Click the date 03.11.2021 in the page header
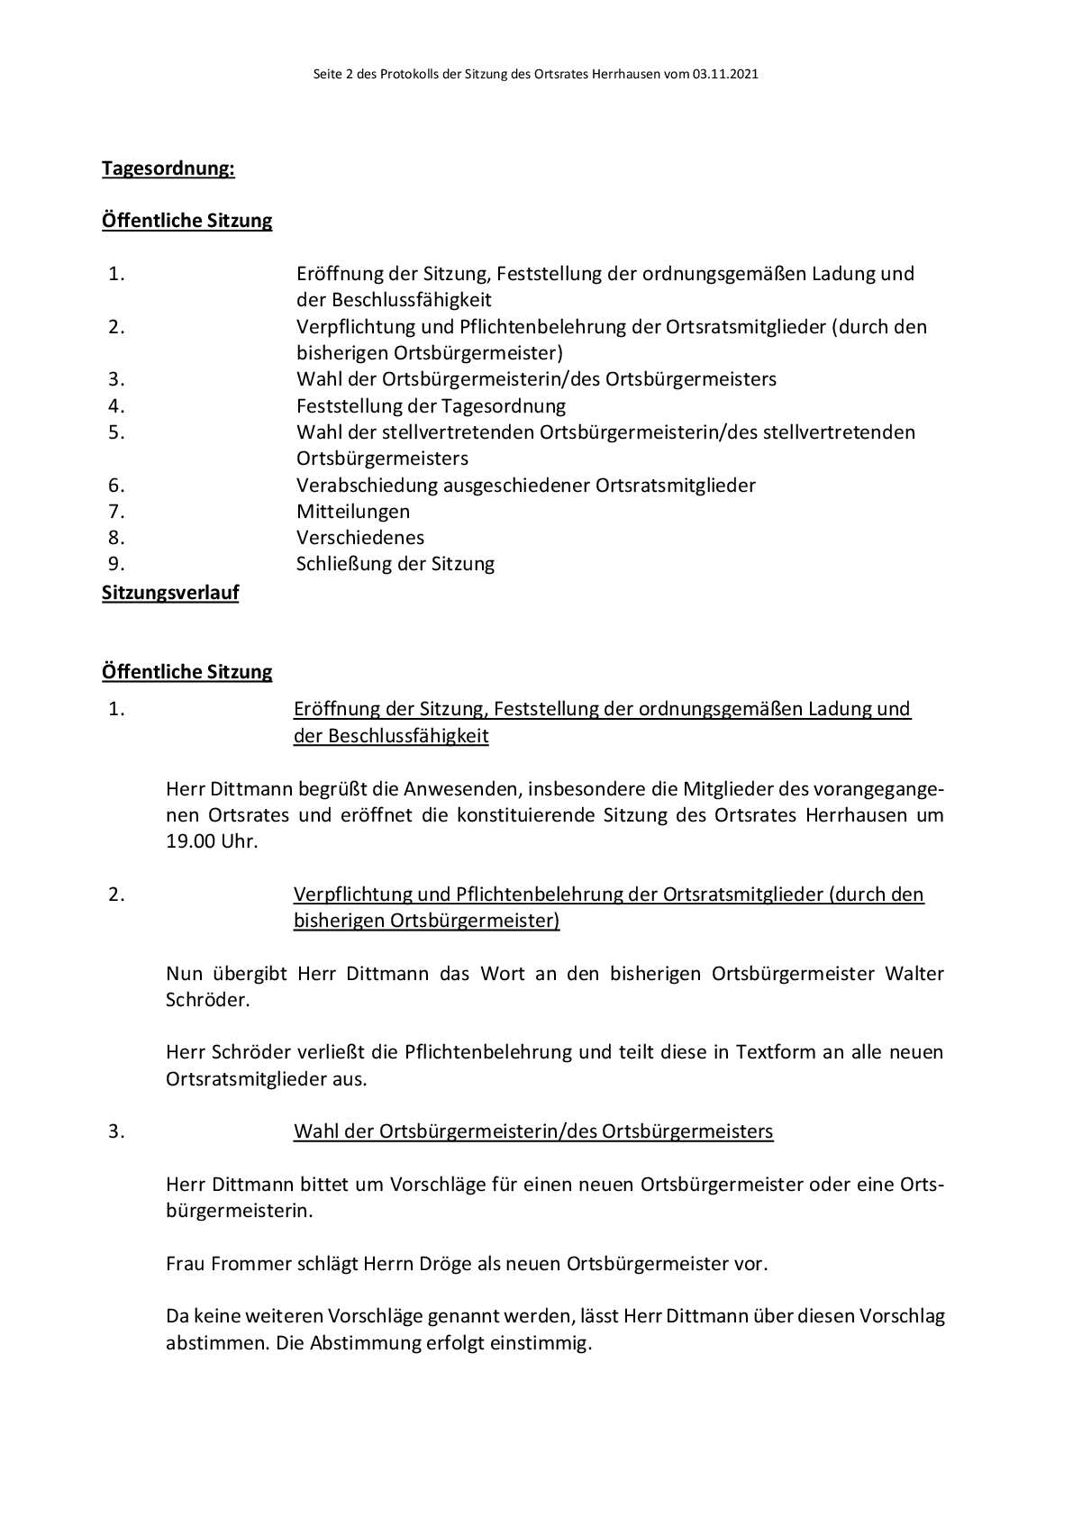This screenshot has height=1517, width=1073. [x=725, y=75]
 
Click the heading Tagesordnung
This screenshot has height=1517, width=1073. [x=168, y=168]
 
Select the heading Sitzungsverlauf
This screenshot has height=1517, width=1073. [x=170, y=593]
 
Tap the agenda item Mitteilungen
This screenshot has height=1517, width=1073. [x=353, y=512]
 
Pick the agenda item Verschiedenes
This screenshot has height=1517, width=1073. [x=360, y=538]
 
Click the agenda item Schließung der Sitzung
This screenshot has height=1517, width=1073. [x=396, y=564]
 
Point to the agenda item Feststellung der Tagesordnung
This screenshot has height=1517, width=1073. [x=431, y=406]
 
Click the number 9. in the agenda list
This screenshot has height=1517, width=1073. [x=116, y=564]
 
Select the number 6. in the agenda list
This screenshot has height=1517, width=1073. [x=116, y=486]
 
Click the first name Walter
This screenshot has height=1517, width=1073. [x=914, y=974]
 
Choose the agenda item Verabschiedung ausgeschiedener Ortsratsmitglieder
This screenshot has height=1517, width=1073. [x=526, y=486]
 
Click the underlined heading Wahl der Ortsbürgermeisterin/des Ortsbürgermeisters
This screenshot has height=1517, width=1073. [x=533, y=1131]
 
